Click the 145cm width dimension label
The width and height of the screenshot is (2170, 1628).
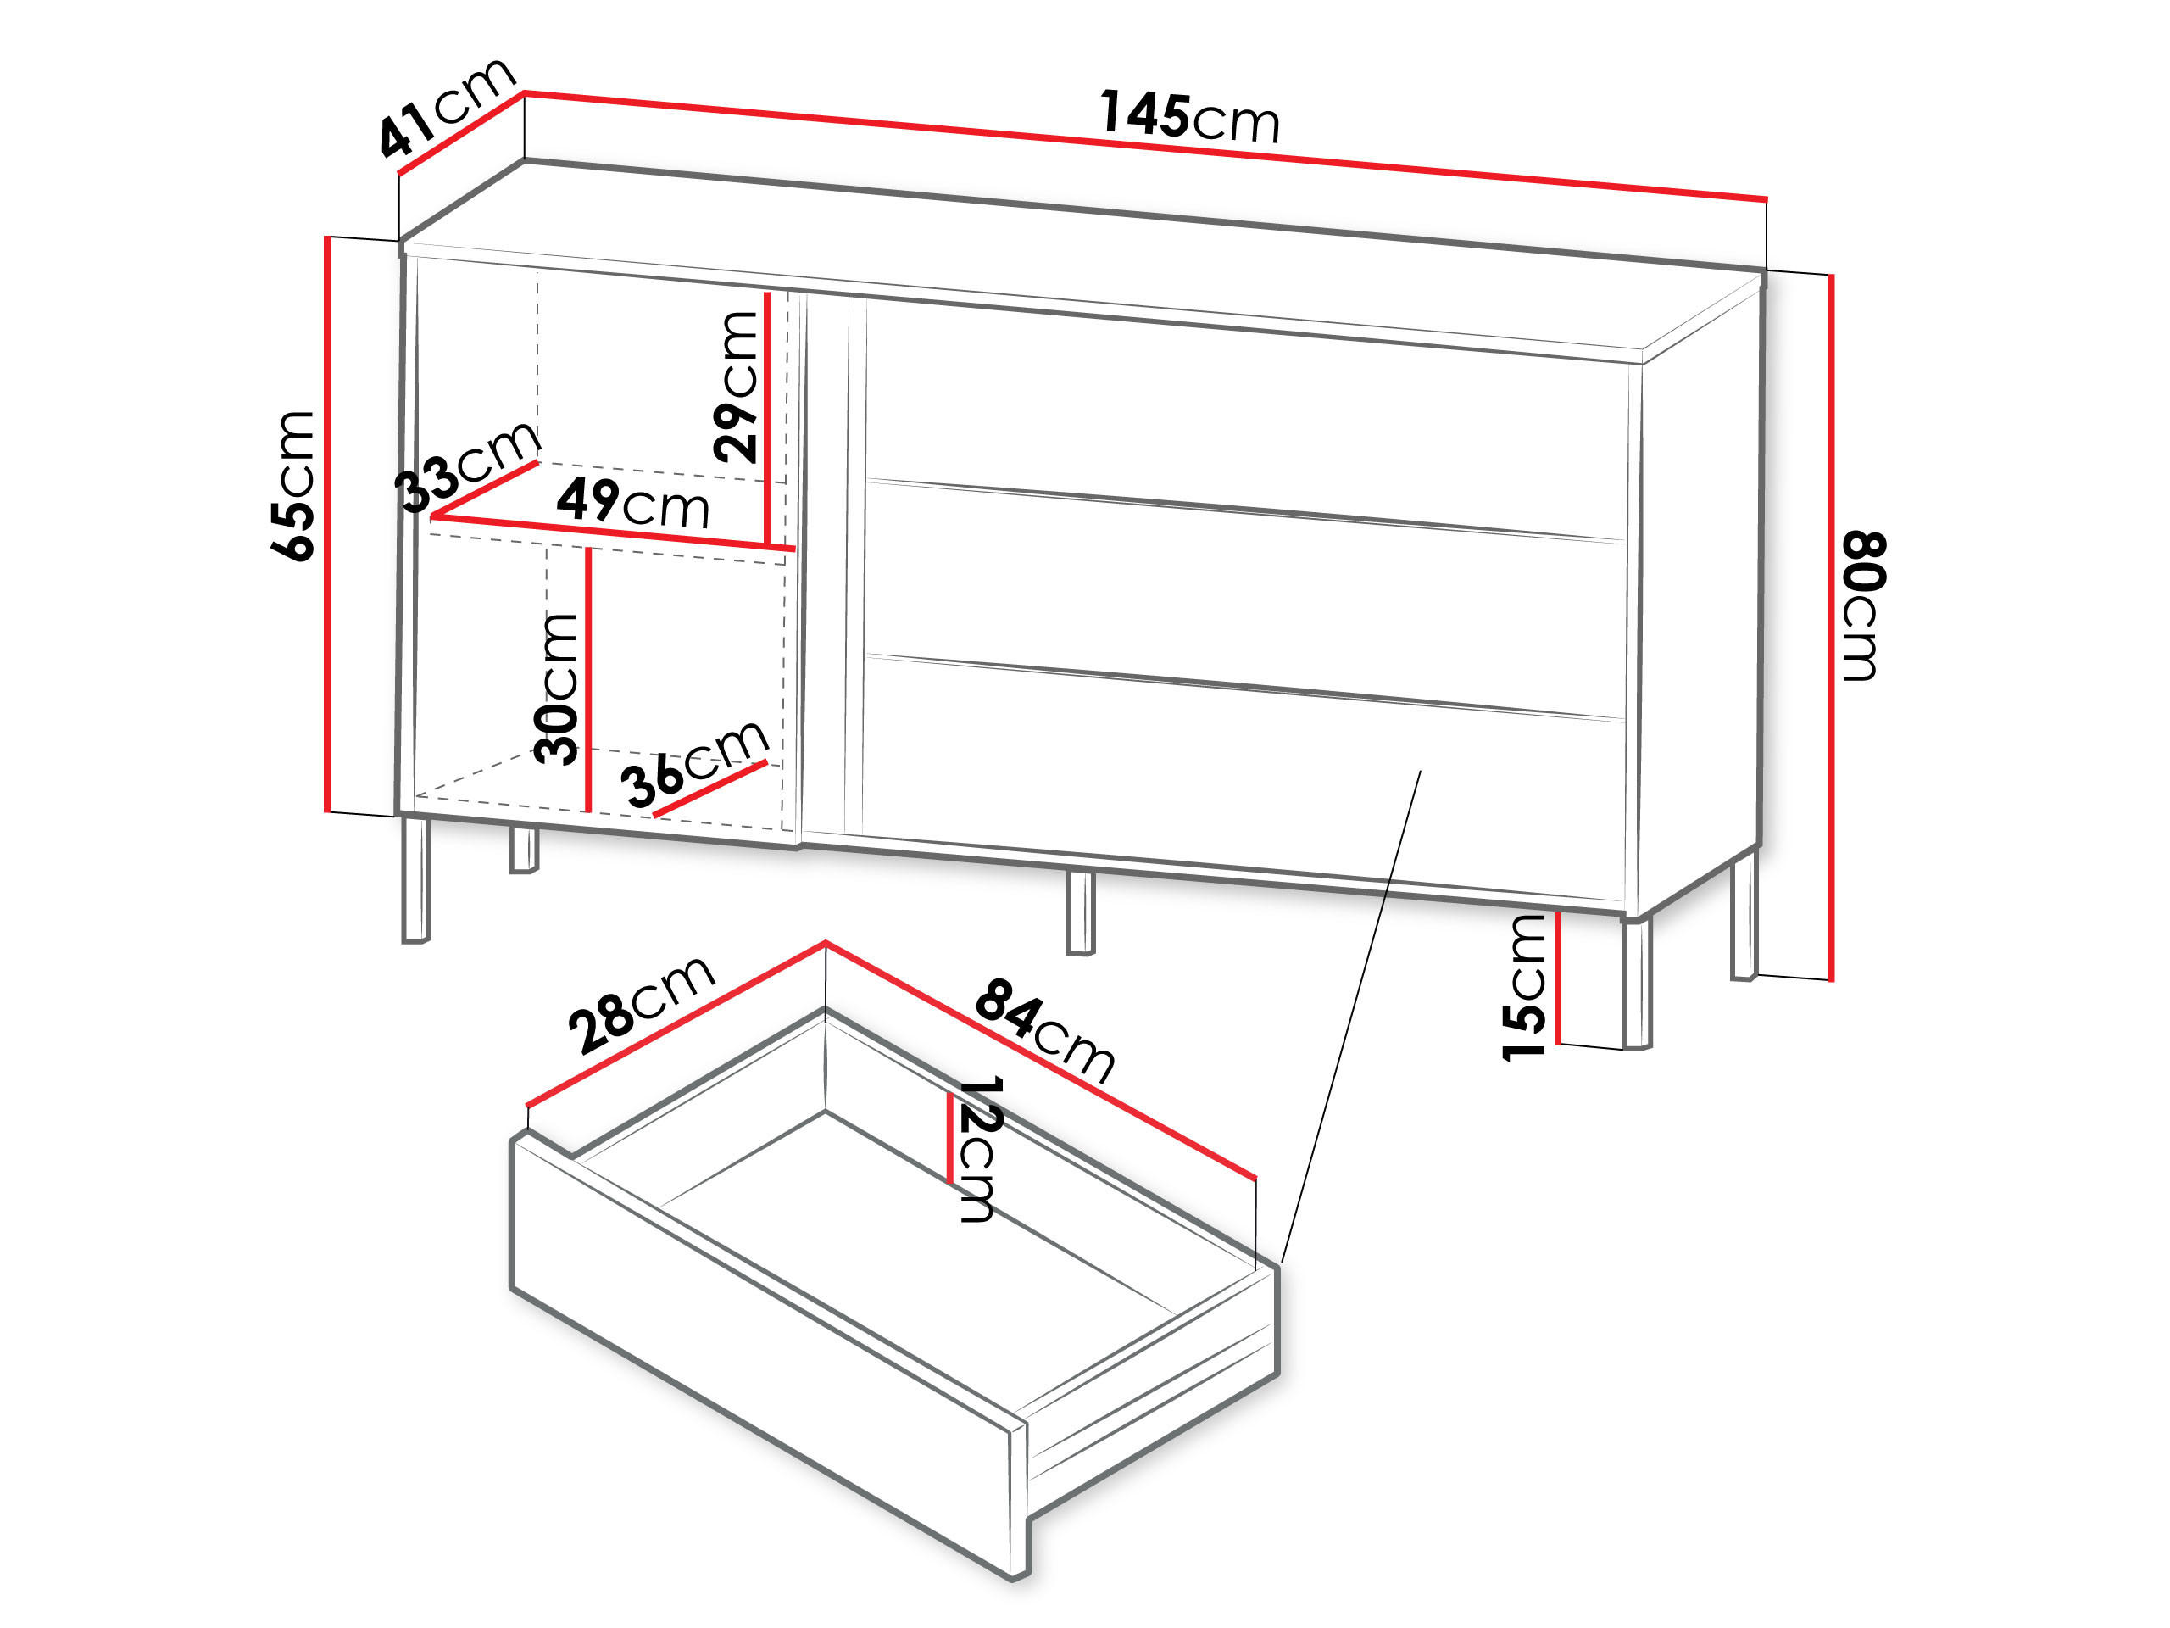point(1189,117)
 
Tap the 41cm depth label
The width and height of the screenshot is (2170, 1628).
point(447,107)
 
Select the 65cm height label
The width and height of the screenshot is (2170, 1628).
point(293,486)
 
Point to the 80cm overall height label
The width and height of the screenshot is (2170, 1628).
point(1863,605)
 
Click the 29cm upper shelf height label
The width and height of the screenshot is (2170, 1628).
point(737,387)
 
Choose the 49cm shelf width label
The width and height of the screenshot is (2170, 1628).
point(632,503)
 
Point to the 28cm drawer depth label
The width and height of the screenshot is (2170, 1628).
point(643,1003)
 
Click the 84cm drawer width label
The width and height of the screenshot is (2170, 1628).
point(1045,1030)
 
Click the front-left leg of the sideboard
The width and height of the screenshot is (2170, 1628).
point(416,879)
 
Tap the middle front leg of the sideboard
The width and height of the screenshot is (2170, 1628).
point(1080,912)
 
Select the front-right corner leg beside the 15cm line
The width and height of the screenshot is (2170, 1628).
point(1638,982)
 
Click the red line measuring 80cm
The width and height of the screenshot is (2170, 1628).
point(1831,628)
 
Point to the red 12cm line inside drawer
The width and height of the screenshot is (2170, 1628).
point(949,1137)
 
